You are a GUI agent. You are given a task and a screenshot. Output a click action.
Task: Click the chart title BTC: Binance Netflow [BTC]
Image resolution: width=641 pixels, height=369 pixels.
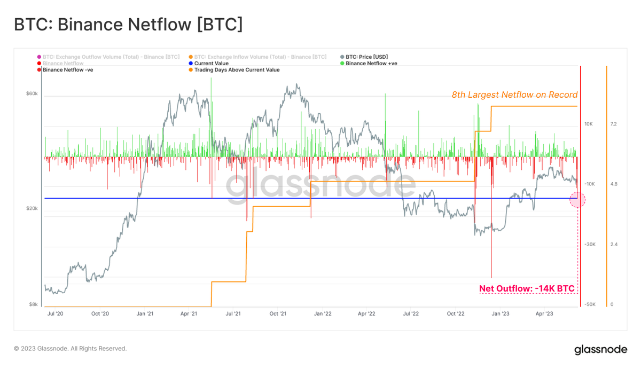click(128, 25)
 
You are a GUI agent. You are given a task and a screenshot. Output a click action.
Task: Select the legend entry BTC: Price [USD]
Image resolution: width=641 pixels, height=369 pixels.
click(366, 57)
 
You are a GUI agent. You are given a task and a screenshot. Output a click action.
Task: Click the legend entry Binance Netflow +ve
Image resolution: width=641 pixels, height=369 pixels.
click(371, 63)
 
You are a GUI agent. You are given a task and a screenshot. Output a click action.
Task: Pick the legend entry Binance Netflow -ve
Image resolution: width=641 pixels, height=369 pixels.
click(68, 69)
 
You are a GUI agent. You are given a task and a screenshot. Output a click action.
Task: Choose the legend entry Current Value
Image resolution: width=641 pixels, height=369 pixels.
click(211, 63)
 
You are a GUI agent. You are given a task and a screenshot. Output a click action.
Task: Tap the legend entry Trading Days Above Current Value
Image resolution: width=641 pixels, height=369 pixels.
click(237, 69)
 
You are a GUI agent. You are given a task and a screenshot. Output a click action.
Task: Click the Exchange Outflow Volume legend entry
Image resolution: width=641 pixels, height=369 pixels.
click(111, 57)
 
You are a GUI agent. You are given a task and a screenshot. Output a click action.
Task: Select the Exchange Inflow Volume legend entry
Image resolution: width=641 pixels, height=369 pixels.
click(260, 57)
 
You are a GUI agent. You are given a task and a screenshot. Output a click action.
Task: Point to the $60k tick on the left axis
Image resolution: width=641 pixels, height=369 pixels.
click(32, 94)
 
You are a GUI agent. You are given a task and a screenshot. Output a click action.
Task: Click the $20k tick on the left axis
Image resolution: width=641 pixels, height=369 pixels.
click(32, 208)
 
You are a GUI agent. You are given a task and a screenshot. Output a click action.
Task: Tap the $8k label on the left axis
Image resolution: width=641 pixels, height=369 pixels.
click(33, 304)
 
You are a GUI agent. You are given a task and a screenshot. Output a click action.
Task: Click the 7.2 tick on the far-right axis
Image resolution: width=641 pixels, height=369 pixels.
click(614, 124)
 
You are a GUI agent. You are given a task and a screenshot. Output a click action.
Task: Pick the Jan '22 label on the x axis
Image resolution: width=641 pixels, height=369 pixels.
click(322, 313)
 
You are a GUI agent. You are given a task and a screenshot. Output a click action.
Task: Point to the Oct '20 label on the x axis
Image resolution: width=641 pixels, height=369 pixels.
click(100, 313)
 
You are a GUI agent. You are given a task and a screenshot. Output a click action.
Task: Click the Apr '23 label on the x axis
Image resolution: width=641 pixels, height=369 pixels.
click(544, 313)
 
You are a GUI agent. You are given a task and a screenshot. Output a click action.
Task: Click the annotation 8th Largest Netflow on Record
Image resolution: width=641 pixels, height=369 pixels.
click(514, 95)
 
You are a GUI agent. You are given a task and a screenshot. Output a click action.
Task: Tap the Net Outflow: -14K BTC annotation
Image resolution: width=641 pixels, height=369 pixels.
click(527, 289)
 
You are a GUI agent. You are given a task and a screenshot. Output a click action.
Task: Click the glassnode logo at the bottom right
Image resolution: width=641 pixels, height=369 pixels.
click(600, 350)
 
